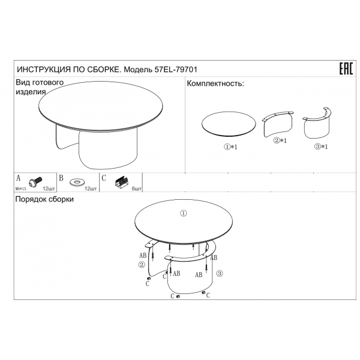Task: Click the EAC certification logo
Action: pyautogui.click(x=346, y=68)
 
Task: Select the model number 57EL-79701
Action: pyautogui.click(x=176, y=70)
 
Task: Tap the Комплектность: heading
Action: pyautogui.click(x=215, y=83)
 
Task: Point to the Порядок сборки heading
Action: pyautogui.click(x=44, y=199)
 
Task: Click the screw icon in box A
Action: pyautogui.click(x=35, y=182)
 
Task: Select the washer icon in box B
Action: pyautogui.click(x=77, y=182)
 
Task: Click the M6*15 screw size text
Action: pyautogui.click(x=20, y=189)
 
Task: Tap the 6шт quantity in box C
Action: pyautogui.click(x=136, y=189)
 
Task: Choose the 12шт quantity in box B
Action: pyautogui.click(x=91, y=189)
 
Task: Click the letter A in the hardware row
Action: pyautogui.click(x=19, y=178)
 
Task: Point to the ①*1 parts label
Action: pyautogui.click(x=230, y=147)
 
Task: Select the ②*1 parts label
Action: pyautogui.click(x=280, y=140)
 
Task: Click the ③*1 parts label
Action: pyautogui.click(x=321, y=146)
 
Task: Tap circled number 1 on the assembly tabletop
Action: pyautogui.click(x=183, y=213)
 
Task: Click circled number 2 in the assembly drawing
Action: pyautogui.click(x=142, y=265)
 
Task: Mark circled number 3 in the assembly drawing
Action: pyautogui.click(x=220, y=273)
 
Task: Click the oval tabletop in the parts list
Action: pyautogui.click(x=229, y=124)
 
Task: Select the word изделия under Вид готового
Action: pyautogui.click(x=31, y=92)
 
